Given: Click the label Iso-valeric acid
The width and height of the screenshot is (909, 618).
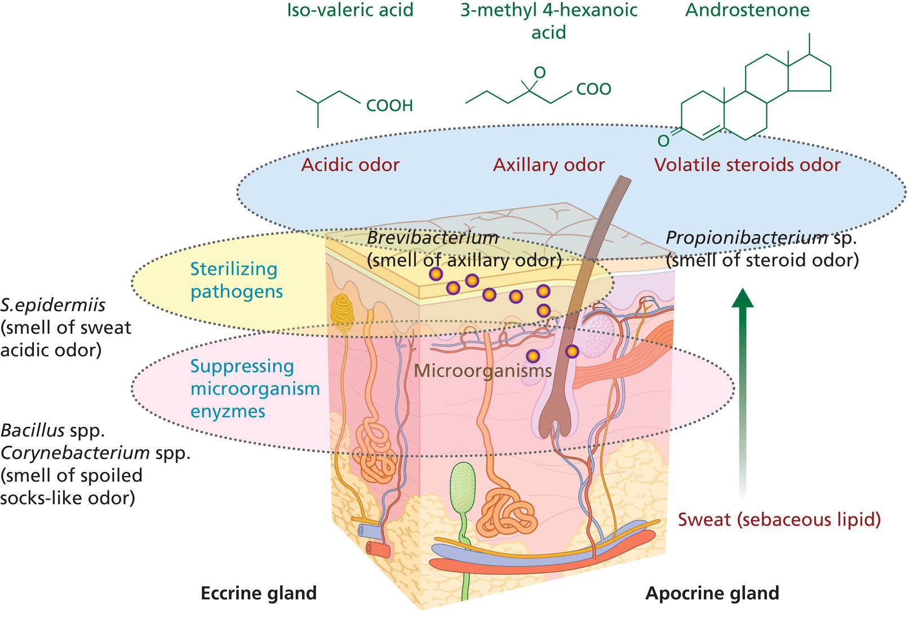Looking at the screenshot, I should coord(350,10).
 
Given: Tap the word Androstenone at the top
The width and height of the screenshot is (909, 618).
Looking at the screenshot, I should coord(747,10).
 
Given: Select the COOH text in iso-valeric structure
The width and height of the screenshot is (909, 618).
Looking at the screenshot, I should coord(389,105).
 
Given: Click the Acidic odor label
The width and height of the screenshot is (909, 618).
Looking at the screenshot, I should coord(350,165).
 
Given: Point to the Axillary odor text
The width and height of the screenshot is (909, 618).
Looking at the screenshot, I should coord(548,165).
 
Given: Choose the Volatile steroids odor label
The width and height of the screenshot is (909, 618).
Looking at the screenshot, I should coord(747,165).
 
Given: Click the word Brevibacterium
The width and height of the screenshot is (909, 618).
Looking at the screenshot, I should coord(432,237).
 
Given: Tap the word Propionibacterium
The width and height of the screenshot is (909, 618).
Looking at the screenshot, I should coord(747,237).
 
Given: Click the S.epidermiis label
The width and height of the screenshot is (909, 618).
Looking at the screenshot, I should coord(53,305).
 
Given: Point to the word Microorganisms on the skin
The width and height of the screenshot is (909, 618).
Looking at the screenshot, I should coord(482,370).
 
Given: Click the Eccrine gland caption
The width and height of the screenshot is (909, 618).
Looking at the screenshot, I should coord(259,593).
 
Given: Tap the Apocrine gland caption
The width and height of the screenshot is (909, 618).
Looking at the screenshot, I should coord(712,593).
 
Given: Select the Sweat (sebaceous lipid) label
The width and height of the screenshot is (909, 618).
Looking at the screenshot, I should coord(779,519).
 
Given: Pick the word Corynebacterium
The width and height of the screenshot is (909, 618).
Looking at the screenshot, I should coord(75,453).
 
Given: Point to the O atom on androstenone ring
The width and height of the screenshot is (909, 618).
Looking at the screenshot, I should coord(663,140).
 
